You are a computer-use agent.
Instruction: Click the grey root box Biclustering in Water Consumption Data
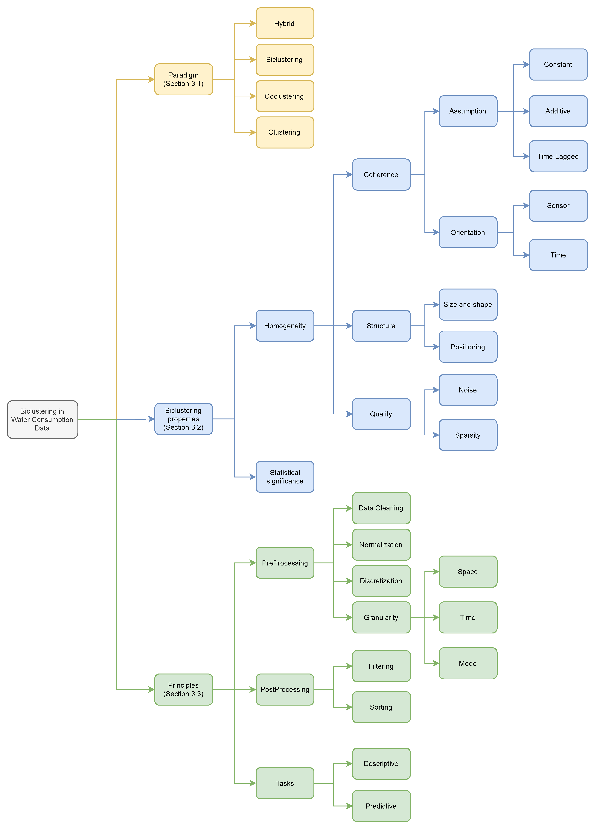(x=42, y=419)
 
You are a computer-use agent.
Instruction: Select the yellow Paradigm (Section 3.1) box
(x=184, y=79)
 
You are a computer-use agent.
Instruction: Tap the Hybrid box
(x=285, y=23)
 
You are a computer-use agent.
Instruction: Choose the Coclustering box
(x=285, y=96)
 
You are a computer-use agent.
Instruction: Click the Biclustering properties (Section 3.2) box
(x=184, y=419)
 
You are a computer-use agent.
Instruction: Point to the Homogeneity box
(x=285, y=326)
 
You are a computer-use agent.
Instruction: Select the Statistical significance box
(x=285, y=477)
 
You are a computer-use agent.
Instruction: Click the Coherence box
(x=381, y=175)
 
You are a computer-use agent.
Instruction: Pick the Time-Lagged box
(x=558, y=156)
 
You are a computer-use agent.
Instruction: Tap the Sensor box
(x=558, y=206)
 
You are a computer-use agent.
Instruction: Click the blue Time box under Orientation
(x=558, y=255)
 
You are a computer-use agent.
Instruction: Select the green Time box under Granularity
(x=468, y=617)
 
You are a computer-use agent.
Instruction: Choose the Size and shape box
(x=468, y=304)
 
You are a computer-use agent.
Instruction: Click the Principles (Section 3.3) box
(x=184, y=689)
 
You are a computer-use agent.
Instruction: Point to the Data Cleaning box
(x=381, y=508)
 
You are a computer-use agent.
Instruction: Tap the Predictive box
(x=381, y=806)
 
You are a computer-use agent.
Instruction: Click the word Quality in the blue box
(x=381, y=414)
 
